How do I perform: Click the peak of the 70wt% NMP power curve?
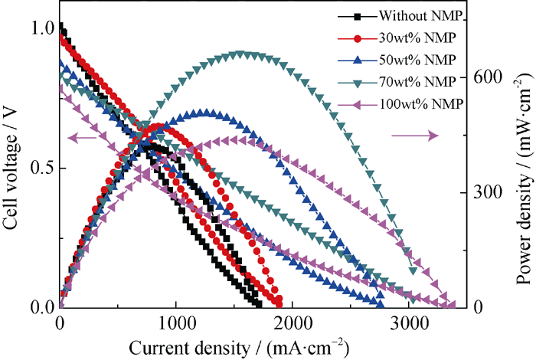coord(240,54)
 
